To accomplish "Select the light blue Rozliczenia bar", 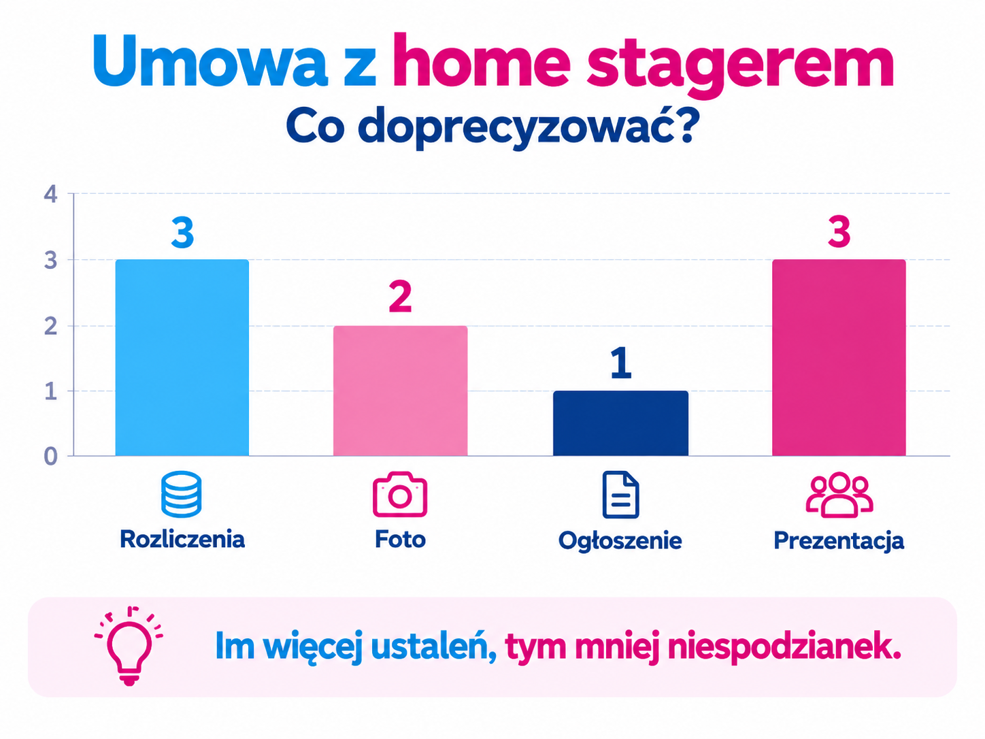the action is [182, 358].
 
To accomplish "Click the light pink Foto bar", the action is [400, 391].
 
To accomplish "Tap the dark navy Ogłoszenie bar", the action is [620, 423].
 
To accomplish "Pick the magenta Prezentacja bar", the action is [839, 358].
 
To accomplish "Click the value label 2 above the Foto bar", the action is [400, 297].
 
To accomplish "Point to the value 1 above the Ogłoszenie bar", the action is [621, 363].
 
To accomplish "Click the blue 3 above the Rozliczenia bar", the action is [182, 233].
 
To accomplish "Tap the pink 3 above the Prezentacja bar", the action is [839, 232].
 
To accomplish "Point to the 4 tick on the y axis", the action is [51, 195].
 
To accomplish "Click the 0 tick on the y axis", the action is [51, 456].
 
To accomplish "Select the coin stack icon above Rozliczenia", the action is [182, 494].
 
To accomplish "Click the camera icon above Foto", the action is [400, 494].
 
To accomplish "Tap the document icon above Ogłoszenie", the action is [620, 495].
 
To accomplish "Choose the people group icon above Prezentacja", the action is [839, 495].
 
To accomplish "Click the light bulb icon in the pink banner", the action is [129, 646].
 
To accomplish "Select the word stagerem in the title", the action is [740, 65].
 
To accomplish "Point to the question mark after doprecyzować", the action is [684, 124].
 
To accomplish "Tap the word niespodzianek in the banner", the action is [784, 646].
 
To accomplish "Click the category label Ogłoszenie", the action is [620, 541].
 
